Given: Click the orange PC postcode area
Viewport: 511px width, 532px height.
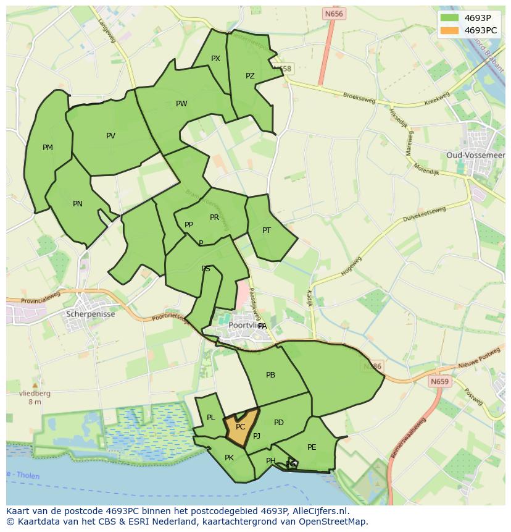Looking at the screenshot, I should coord(239,427).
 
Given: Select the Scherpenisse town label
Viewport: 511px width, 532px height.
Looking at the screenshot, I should coord(90,313).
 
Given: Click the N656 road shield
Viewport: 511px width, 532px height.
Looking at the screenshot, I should coord(334,14).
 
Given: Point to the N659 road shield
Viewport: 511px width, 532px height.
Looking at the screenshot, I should coord(439,381).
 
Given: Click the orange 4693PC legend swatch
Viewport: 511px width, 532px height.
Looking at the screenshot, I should coord(449,30).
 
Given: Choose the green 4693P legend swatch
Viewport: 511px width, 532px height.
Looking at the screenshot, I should coord(449,17).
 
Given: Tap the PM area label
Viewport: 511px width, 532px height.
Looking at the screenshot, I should coord(48,148).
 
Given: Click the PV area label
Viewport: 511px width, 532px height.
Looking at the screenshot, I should coord(110,136).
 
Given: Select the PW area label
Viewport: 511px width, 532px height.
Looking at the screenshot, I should coord(181,104).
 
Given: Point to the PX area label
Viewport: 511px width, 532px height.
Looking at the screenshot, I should coord(215,59).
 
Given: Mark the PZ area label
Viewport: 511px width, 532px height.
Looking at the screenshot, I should coord(250,76).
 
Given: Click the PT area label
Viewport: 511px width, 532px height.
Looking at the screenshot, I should coord(267,230).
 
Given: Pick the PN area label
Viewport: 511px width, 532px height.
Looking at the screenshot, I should coord(78,204).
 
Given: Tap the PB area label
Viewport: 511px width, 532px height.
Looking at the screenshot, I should coord(270,375).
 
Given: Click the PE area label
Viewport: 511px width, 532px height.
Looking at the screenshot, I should coord(312,447).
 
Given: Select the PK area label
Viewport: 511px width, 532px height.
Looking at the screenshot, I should coord(229,458).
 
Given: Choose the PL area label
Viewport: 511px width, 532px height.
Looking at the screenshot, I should coord(211,418).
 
